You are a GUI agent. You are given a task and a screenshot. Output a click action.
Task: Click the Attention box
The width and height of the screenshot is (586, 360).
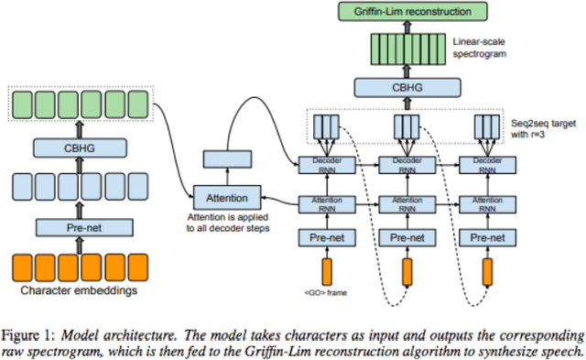tap(226, 196)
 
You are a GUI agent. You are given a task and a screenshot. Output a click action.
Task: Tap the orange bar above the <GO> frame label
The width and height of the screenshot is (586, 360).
tap(325, 271)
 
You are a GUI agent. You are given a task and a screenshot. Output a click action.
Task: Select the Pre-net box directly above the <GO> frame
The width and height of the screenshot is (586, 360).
tap(325, 237)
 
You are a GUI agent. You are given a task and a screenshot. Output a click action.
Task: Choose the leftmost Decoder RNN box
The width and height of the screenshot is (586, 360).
tap(325, 166)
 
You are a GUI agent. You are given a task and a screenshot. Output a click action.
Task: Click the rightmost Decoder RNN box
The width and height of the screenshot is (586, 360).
tap(485, 166)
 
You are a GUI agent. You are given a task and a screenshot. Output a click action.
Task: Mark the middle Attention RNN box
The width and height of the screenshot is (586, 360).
tap(406, 202)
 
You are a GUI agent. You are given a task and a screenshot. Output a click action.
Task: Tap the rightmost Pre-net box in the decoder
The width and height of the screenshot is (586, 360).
tap(485, 237)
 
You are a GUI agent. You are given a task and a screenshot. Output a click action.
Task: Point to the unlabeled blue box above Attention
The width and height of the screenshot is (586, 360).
tap(226, 159)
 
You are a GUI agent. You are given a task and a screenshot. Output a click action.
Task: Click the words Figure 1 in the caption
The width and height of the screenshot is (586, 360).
tap(28, 332)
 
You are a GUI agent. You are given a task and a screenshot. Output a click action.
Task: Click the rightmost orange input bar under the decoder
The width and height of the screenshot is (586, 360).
tap(485, 271)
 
